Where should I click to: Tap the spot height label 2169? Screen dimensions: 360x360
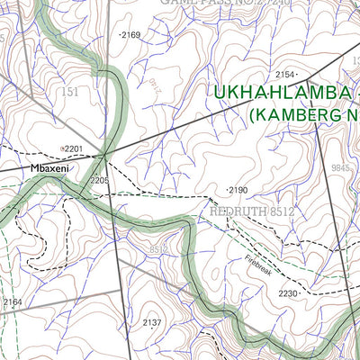click(x=130, y=35)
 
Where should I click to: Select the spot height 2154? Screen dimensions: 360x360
click(x=285, y=75)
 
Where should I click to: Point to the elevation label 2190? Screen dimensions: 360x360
click(x=237, y=191)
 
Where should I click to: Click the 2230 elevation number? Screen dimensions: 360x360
click(x=287, y=293)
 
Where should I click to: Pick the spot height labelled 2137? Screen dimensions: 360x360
click(x=152, y=322)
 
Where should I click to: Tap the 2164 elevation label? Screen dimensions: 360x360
click(x=12, y=302)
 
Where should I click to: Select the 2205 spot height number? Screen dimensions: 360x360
click(x=99, y=181)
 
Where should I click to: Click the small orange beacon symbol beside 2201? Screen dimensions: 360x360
click(x=61, y=148)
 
